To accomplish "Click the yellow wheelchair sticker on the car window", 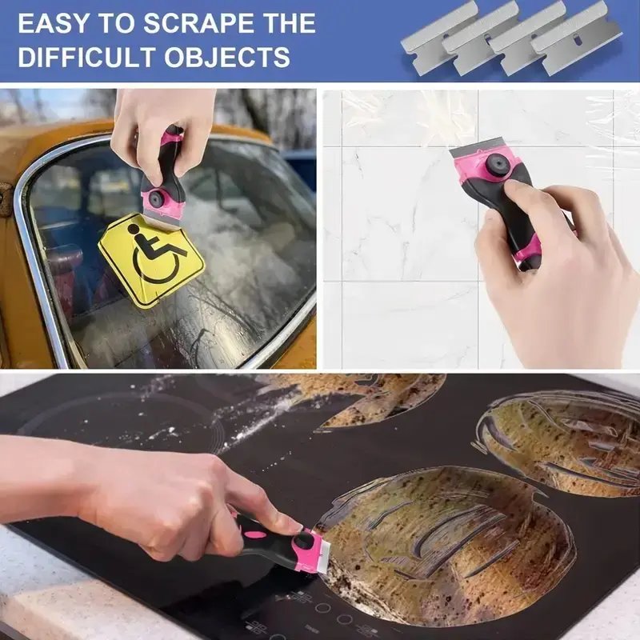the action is tap(152, 260).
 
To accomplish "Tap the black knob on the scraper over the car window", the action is tap(156, 198).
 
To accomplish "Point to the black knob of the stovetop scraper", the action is tap(304, 541).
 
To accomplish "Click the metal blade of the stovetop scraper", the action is tap(325, 551).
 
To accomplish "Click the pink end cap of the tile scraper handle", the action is tap(529, 254).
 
